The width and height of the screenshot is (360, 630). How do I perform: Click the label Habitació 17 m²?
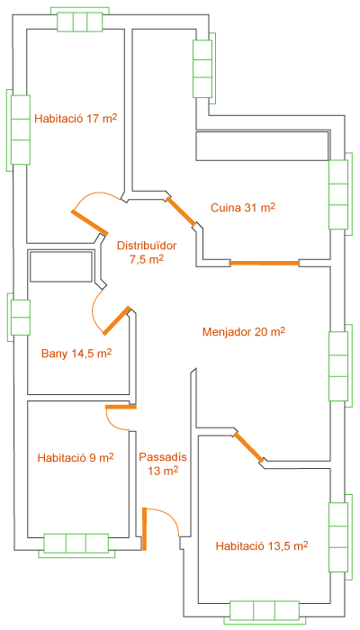coord(76,119)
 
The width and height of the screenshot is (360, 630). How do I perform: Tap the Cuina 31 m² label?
coord(243,208)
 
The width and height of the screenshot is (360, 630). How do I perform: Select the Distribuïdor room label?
coord(147,245)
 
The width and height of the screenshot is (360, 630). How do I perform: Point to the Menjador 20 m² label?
coord(244,332)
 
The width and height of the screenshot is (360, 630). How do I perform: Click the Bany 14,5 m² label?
coord(76,354)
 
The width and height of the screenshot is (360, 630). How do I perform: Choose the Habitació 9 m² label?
coord(76,457)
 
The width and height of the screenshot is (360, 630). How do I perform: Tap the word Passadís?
coord(164,457)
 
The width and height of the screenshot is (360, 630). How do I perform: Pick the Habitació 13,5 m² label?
coord(262,546)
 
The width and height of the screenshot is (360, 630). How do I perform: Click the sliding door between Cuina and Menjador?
coord(264,263)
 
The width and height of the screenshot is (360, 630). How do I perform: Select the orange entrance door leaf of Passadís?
coord(145,528)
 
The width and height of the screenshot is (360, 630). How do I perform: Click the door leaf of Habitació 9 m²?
coord(121,407)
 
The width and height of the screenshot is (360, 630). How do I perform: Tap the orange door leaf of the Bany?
coord(117,320)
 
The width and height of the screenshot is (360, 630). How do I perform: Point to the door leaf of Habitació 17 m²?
coord(90,222)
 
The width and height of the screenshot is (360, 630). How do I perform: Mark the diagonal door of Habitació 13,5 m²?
coord(249,446)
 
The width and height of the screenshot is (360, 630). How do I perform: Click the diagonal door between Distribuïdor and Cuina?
coord(181,211)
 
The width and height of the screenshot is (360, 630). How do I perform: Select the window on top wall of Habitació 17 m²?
coord(80,22)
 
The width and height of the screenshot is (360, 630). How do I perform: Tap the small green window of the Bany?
coord(21,318)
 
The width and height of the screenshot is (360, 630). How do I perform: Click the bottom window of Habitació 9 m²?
coord(76,544)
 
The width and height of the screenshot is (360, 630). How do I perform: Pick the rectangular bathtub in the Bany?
coord(60,266)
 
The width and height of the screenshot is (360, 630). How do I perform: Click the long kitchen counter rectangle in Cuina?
coord(262,146)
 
